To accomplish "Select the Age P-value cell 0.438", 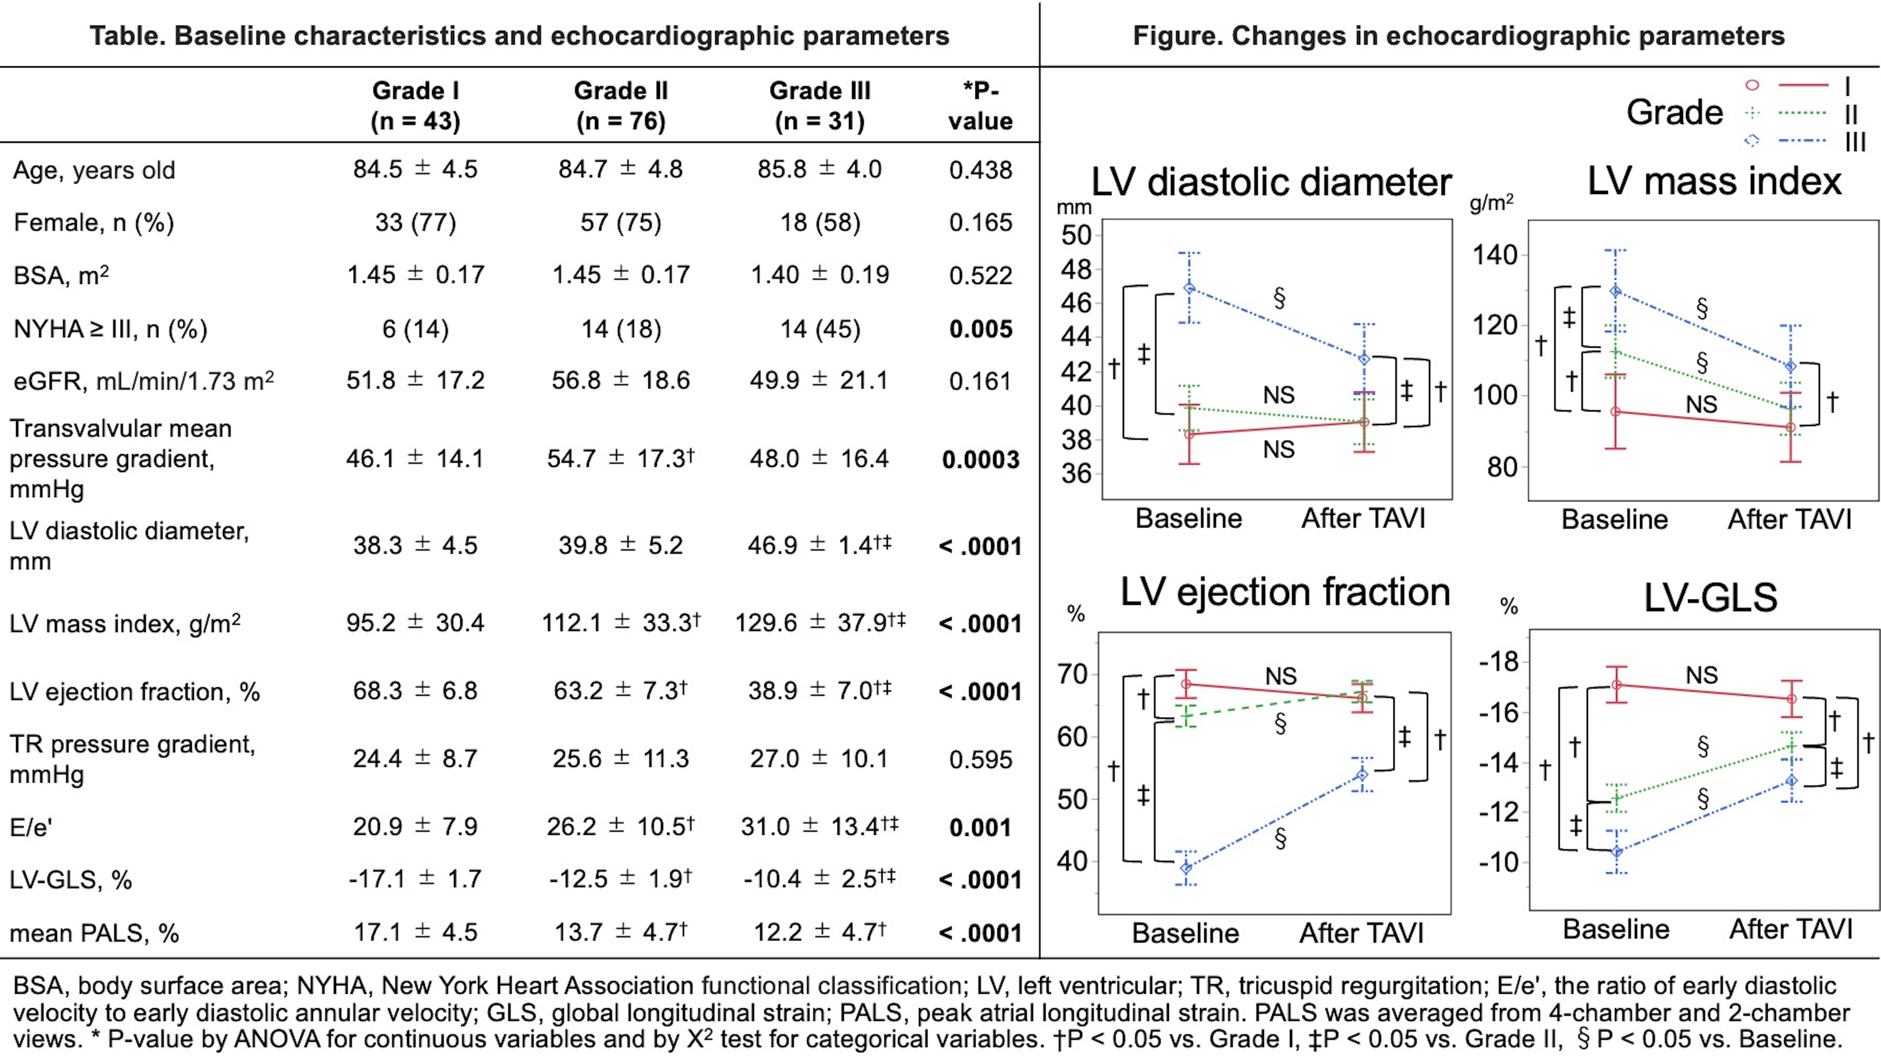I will point(980,170).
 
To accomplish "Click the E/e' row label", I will point(31,827).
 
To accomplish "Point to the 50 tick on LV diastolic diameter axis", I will point(1076,235).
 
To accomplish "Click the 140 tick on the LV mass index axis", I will point(1494,256).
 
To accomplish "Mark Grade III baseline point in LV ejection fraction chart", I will point(1187,868).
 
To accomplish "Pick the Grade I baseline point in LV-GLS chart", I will point(1617,684).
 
